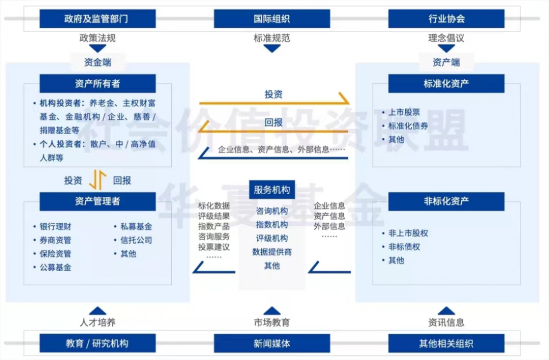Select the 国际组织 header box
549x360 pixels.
tap(272, 19)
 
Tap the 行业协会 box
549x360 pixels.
tap(446, 19)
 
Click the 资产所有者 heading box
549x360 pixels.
tap(98, 83)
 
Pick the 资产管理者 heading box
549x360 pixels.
tap(98, 201)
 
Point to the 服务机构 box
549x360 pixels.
tap(272, 190)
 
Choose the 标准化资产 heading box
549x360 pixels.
tap(446, 83)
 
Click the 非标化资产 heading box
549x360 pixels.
tap(446, 201)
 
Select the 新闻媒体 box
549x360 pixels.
tap(272, 343)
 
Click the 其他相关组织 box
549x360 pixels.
tap(446, 343)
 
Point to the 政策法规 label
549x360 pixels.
tap(98, 38)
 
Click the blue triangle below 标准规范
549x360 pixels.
tap(272, 48)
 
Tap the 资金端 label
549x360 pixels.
tap(98, 63)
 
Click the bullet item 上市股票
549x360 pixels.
tap(404, 112)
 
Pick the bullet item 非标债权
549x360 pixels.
tap(404, 247)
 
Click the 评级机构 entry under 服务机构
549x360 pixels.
tap(272, 238)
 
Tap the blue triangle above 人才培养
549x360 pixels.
tap(98, 311)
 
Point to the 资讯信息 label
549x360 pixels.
tap(446, 322)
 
